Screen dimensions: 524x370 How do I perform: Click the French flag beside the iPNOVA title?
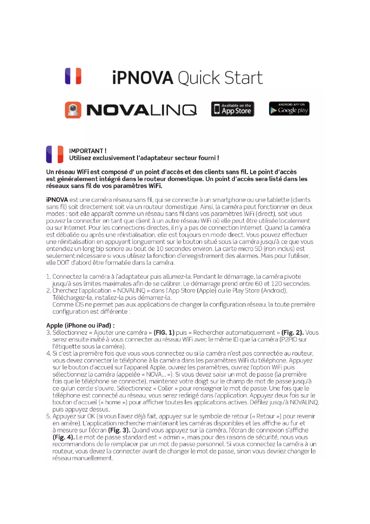tap(73, 76)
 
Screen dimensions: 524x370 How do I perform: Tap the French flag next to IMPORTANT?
tap(54, 154)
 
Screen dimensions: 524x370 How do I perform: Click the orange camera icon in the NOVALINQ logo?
tap(73, 110)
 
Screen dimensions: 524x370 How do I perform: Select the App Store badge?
tap(233, 109)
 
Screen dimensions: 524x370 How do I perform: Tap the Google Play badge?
tap(289, 109)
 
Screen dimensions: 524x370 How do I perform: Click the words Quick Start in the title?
tap(220, 78)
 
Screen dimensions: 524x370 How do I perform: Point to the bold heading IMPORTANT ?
tap(88, 151)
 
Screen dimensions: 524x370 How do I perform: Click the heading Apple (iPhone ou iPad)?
tap(80, 325)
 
